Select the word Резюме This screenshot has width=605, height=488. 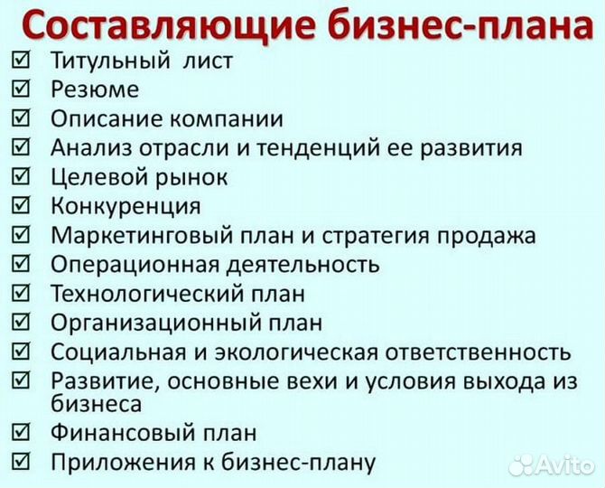95,89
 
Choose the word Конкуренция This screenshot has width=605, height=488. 126,206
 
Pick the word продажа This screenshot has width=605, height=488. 487,235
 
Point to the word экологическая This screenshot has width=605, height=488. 281,351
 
